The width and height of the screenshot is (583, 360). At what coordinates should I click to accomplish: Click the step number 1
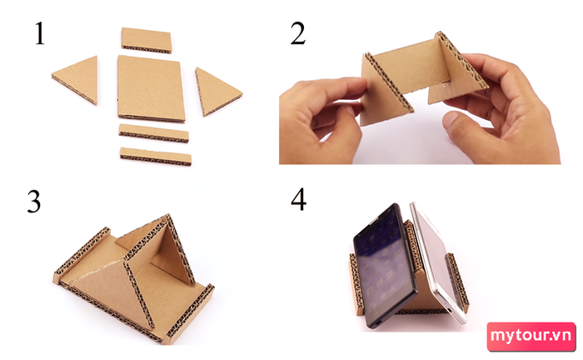tap(39, 33)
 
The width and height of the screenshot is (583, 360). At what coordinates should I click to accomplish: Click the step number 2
tap(298, 33)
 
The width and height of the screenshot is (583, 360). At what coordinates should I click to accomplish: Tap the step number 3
tap(34, 201)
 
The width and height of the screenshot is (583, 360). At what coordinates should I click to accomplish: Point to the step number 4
tap(298, 199)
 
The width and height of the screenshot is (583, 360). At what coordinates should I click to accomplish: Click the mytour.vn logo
tap(531, 336)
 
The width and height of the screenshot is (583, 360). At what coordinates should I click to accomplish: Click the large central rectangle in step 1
tap(151, 88)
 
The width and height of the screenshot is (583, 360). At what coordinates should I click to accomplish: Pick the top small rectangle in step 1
tap(147, 40)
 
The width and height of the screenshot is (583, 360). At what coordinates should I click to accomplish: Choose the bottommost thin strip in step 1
tap(156, 156)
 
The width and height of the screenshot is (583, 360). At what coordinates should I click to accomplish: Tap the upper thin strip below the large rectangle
tap(153, 133)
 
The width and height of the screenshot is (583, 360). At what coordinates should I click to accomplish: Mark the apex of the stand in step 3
tap(167, 215)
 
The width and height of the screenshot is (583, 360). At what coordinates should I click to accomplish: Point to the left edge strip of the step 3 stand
tap(80, 253)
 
